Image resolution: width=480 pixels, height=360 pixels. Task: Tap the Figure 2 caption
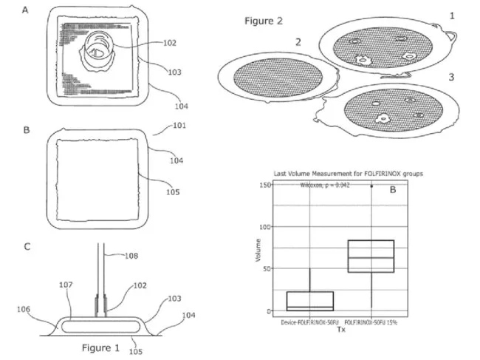[x=264, y=21]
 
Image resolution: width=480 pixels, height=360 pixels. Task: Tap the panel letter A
[x=27, y=10]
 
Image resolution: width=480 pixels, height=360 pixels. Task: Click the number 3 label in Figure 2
[x=450, y=76]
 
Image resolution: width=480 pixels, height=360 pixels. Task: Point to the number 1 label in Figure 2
[x=452, y=14]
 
